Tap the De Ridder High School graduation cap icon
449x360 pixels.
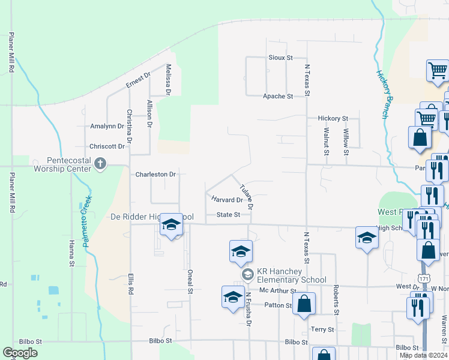[x=172, y=225]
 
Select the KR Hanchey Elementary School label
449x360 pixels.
[x=292, y=276]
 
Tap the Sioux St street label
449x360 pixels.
[x=280, y=58]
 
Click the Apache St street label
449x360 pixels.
[x=278, y=96]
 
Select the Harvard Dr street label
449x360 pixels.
[x=226, y=200]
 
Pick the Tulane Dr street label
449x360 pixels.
[x=246, y=196]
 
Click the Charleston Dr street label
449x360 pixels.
[x=155, y=175]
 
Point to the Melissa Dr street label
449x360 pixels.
[x=169, y=80]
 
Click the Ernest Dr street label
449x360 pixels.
[x=137, y=80]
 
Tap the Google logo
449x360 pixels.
[x=20, y=353]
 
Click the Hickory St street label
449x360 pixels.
[x=333, y=119]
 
